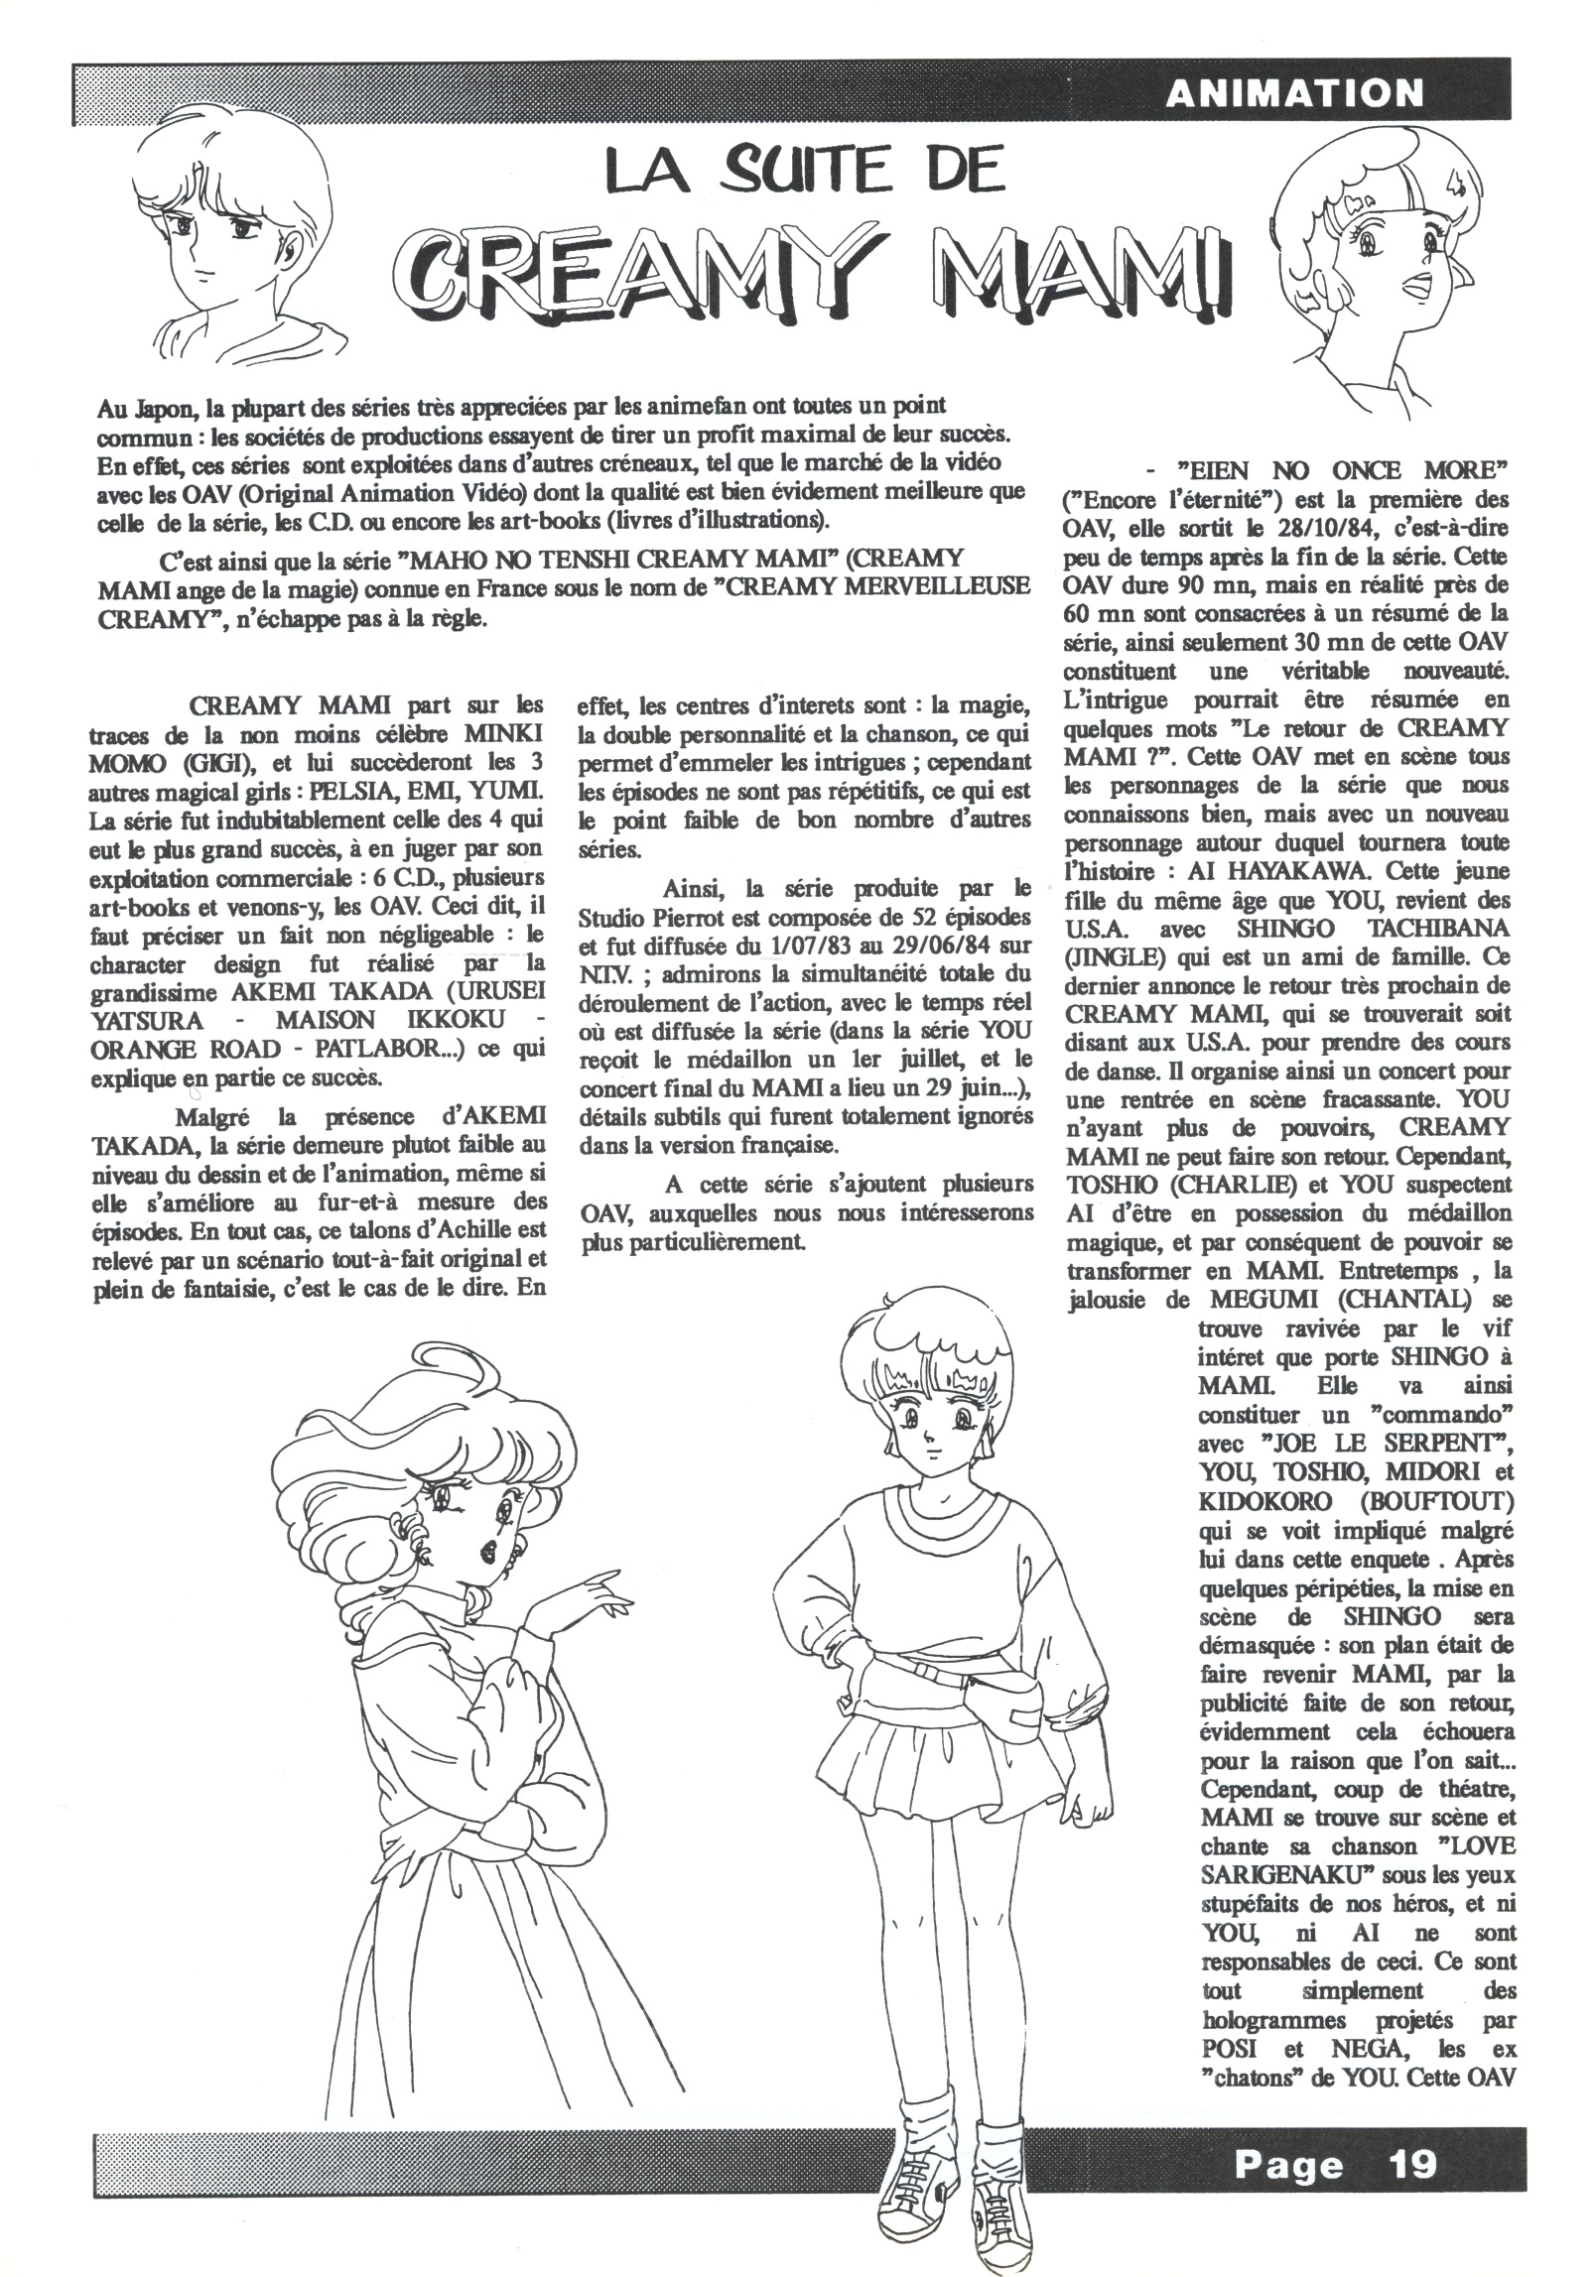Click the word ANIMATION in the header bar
pos(1294,93)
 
